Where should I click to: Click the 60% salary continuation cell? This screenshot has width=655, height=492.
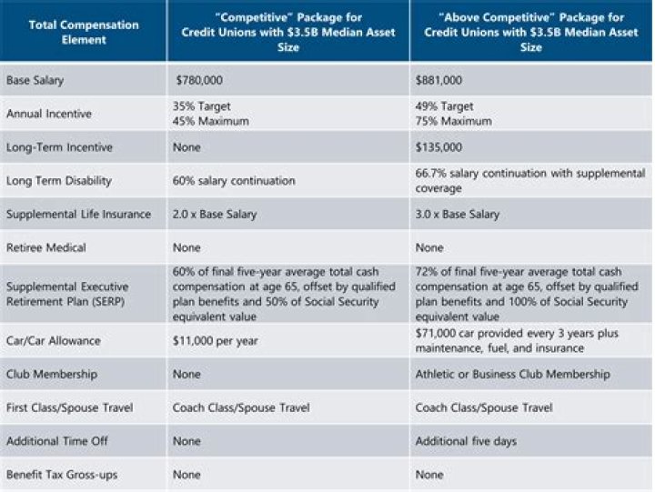pos(229,180)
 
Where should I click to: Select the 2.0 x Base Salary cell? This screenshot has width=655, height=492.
pos(214,214)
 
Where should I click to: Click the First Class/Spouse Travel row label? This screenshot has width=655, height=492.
pos(69,407)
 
